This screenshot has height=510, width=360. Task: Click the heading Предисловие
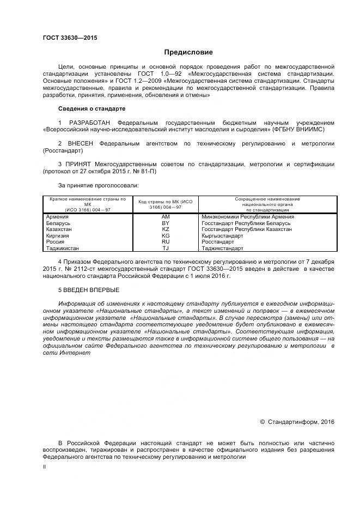tap(188, 52)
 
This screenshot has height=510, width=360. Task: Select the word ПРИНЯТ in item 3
tap(80, 164)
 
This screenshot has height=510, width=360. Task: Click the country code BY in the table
tap(166, 223)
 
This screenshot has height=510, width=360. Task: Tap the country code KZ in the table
tap(166, 229)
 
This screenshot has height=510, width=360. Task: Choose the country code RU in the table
tap(166, 242)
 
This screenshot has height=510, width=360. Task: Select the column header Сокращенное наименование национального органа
tap(267, 204)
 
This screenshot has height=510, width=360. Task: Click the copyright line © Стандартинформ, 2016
tap(297, 421)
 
